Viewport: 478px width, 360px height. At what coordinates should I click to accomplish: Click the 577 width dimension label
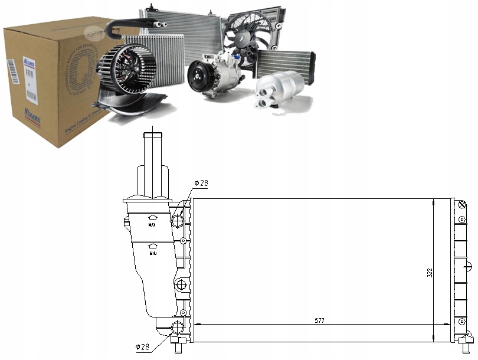coord(319,320)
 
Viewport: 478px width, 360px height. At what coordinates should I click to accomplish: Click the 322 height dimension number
coord(430,272)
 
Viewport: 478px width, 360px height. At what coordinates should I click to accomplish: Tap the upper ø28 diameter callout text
coord(201,184)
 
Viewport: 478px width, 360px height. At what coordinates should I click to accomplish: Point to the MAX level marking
coord(152,225)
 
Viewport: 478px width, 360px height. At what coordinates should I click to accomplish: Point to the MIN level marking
coord(153,253)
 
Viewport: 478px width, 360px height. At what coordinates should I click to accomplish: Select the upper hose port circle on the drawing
coord(177,221)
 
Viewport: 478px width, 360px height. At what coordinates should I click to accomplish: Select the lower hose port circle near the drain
coord(177,328)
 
